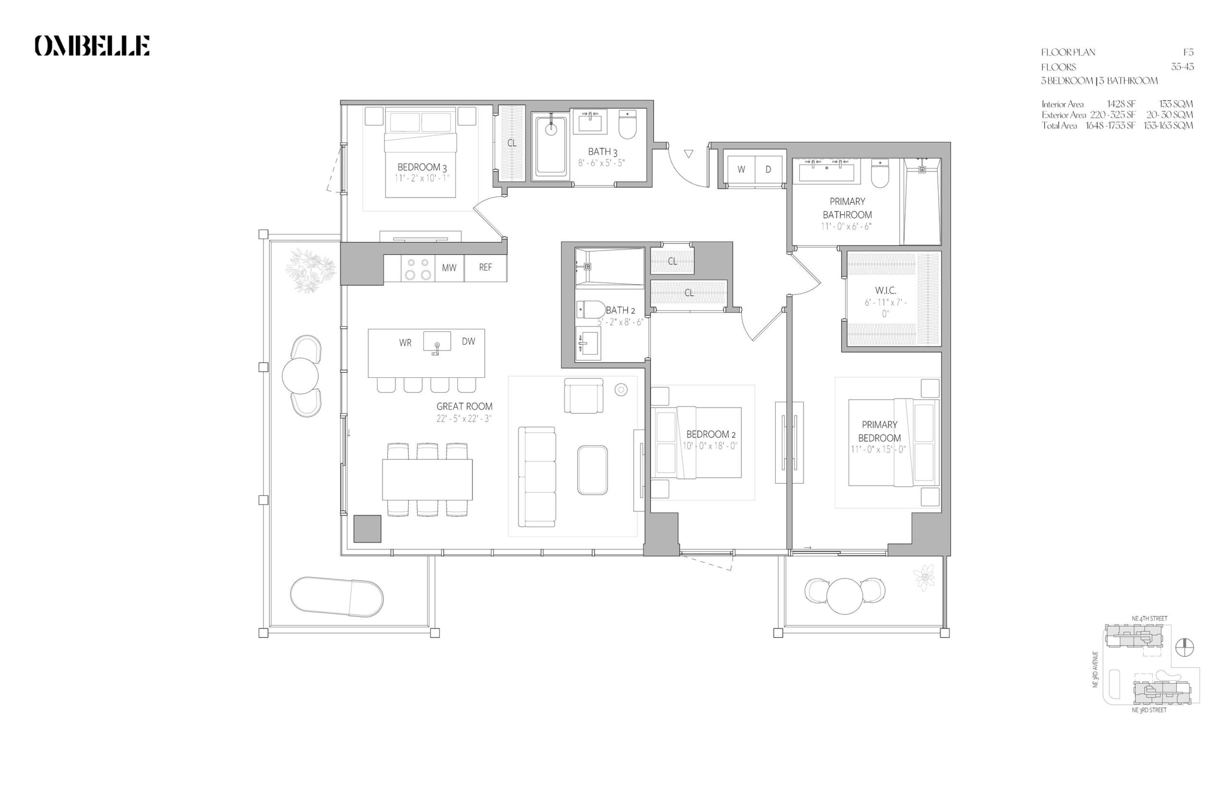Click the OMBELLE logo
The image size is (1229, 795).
pyautogui.click(x=92, y=46)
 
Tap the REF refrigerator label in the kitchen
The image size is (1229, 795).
pyautogui.click(x=485, y=267)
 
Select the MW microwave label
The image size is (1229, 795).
pyautogui.click(x=449, y=268)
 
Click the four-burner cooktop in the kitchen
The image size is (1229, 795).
pyautogui.click(x=418, y=268)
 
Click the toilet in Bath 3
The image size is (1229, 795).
pyautogui.click(x=627, y=124)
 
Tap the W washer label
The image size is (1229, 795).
pyautogui.click(x=741, y=169)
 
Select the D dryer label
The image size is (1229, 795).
pyautogui.click(x=768, y=169)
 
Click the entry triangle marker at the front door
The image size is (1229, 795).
pyautogui.click(x=688, y=153)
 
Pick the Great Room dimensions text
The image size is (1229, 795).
pyautogui.click(x=464, y=419)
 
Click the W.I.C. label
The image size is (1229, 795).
pyautogui.click(x=885, y=290)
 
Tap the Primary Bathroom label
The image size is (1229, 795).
pyautogui.click(x=847, y=208)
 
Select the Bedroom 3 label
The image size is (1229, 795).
pyautogui.click(x=422, y=167)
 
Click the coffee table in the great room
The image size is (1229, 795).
pyautogui.click(x=592, y=470)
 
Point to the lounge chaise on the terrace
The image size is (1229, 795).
pyautogui.click(x=337, y=597)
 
